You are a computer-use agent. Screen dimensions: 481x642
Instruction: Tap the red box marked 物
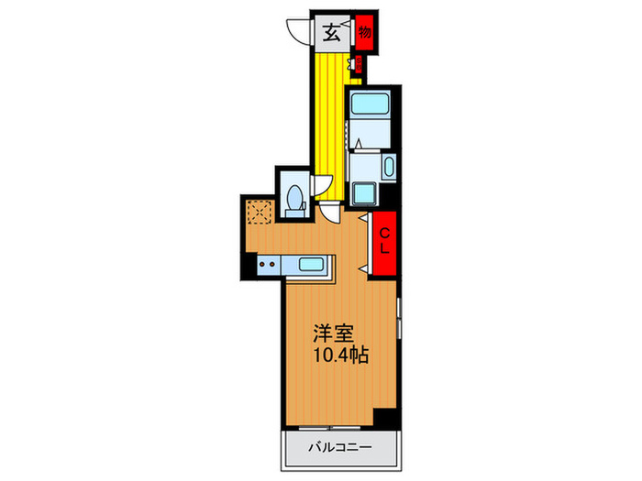pos(365,32)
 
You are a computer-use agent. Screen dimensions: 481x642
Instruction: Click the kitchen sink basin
pos(315,266)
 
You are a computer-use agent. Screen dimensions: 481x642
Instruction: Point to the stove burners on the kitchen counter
pos(267,266)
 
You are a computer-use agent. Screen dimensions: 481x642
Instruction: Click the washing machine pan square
pos(363,194)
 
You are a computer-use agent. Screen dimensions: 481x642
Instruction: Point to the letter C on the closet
pos(385,231)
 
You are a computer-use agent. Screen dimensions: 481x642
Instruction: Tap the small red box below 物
pos(360,64)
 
